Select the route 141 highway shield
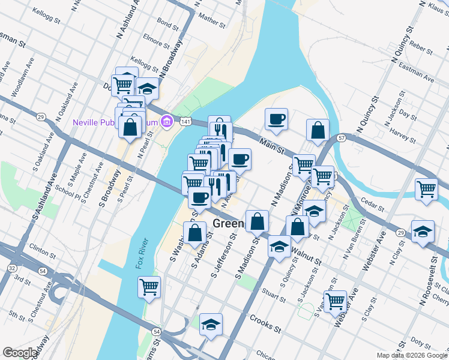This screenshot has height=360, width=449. tap(187, 122)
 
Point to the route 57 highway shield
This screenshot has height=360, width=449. tap(341, 138)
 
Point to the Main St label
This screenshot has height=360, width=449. tap(272, 146)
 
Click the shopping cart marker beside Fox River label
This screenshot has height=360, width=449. tap(149, 287)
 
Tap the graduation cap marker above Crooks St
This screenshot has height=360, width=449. tap(211, 325)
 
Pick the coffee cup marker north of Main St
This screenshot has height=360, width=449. tap(276, 119)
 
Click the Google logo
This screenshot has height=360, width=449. tap(20, 353)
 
